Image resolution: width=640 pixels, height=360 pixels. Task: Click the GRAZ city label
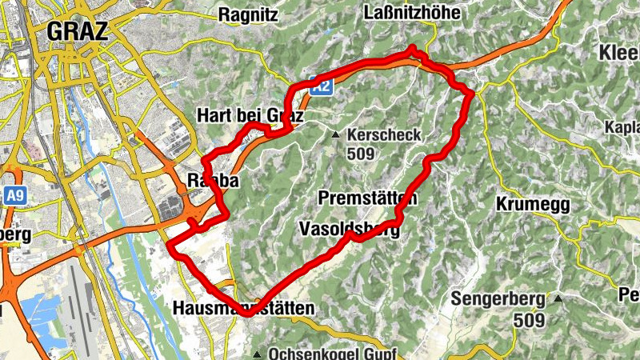[x=78, y=31]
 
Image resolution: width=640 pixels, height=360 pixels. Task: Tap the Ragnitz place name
[x=249, y=14]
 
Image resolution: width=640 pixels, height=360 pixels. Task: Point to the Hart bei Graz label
[x=250, y=117]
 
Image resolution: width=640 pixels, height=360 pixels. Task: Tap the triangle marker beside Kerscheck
[x=337, y=135]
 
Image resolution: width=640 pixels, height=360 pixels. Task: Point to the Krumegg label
[x=532, y=205]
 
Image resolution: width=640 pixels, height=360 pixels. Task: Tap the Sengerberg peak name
[x=498, y=300]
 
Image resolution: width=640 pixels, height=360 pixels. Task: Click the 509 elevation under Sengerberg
[x=530, y=320]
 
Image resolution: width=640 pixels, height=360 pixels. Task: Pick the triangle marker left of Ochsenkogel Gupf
[x=257, y=353]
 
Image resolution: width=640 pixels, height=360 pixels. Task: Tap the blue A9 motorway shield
[x=14, y=194]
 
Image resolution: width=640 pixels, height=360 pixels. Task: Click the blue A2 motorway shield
[x=322, y=86]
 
